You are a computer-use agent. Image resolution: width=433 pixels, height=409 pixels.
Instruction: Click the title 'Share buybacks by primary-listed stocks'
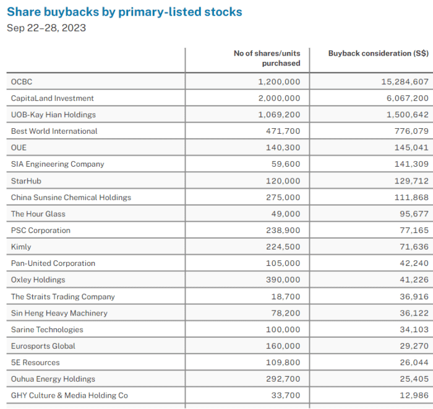[124, 12]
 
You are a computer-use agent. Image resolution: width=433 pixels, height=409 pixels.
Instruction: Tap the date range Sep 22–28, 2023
[46, 28]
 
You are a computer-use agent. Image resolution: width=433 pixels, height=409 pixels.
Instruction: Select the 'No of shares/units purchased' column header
[267, 58]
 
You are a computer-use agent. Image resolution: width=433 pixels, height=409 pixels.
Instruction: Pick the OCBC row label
[22, 82]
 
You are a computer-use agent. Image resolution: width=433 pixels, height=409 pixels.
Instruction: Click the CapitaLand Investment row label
[53, 98]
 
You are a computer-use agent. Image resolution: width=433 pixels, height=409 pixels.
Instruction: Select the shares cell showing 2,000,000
[279, 98]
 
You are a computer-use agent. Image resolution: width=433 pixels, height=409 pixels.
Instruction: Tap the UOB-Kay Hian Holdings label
[53, 115]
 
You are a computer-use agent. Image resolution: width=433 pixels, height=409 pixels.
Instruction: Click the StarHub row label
[26, 181]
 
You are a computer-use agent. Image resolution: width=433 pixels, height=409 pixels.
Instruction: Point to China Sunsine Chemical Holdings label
[71, 197]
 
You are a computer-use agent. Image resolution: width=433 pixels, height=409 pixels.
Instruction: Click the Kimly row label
[21, 247]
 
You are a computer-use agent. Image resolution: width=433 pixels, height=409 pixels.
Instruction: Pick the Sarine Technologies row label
[47, 330]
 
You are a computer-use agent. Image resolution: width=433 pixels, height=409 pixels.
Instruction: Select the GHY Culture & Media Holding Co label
[69, 395]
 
